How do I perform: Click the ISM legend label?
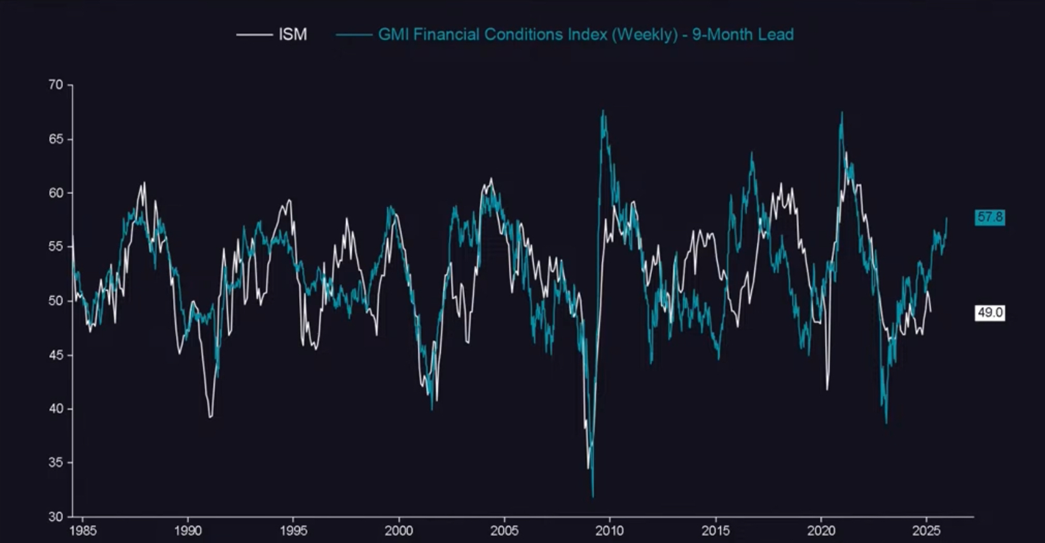pos(293,34)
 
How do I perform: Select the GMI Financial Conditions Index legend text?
pos(585,34)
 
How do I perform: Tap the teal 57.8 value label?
pos(990,217)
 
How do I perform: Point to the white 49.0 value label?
pos(990,312)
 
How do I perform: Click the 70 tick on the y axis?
pos(55,85)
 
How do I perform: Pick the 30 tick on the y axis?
pos(55,517)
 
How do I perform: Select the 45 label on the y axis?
pos(55,355)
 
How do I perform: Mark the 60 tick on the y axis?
pos(55,193)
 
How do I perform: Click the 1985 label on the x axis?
pos(83,531)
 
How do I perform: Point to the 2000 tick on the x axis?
pos(399,531)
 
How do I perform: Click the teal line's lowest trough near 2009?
pos(593,497)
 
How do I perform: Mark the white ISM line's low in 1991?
pos(211,416)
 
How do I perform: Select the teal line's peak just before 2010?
pos(603,112)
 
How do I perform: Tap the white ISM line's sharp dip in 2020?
pos(827,389)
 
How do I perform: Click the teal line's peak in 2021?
pos(841,113)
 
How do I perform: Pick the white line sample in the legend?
pos(254,34)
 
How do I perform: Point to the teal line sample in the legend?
pos(354,34)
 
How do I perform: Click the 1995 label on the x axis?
pos(293,531)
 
